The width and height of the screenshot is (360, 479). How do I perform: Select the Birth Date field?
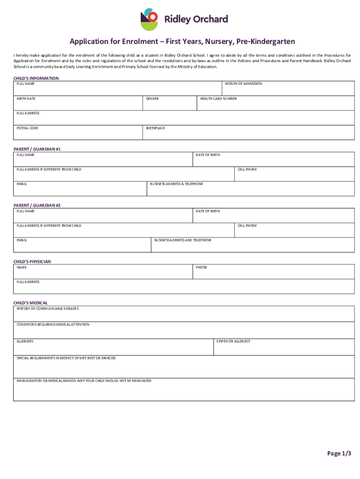tap(78, 104)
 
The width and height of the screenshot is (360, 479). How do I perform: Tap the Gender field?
tap(169, 104)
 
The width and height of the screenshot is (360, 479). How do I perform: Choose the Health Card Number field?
tap(276, 104)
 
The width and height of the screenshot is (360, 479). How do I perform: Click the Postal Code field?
tap(78, 133)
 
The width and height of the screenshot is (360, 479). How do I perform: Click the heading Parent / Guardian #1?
tap(37, 149)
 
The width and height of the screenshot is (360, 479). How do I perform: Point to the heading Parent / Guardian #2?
tap(37, 205)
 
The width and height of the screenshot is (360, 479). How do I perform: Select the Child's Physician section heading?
tap(32, 261)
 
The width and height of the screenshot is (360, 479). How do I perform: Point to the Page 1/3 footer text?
tap(339, 453)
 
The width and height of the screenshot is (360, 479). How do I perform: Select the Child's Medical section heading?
tap(30, 303)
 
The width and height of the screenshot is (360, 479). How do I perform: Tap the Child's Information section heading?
tap(36, 78)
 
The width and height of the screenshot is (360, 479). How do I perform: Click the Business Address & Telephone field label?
tap(176, 184)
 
